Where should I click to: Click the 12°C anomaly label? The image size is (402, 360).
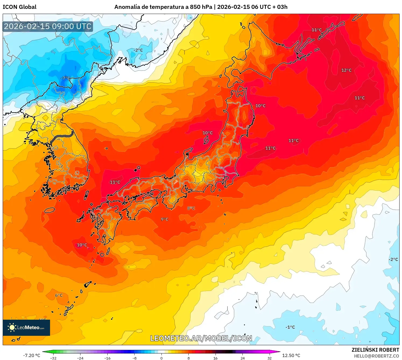(346, 70)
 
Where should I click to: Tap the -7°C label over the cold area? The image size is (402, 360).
(65, 78)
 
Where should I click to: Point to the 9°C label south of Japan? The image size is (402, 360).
(164, 219)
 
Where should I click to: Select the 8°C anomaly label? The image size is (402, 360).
(191, 208)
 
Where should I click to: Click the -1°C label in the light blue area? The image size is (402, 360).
(290, 327)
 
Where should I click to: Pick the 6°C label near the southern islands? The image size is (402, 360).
(59, 295)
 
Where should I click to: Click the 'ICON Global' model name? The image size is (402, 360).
(19, 7)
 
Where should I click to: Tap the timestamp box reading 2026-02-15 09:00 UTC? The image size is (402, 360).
(48, 26)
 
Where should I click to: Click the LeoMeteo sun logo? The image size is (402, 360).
(12, 327)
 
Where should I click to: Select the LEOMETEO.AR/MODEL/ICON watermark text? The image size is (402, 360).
(201, 338)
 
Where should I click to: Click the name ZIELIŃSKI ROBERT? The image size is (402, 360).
(375, 350)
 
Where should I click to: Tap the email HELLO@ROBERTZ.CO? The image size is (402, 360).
(376, 356)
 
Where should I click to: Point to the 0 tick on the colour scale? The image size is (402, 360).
(161, 358)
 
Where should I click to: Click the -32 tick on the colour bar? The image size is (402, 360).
(53, 358)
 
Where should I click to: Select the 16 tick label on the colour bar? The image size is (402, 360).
(215, 358)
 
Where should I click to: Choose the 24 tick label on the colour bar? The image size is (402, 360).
(242, 358)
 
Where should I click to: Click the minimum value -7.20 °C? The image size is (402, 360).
(31, 355)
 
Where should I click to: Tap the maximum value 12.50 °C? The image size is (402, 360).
(291, 355)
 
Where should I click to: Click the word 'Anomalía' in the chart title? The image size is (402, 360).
(127, 7)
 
